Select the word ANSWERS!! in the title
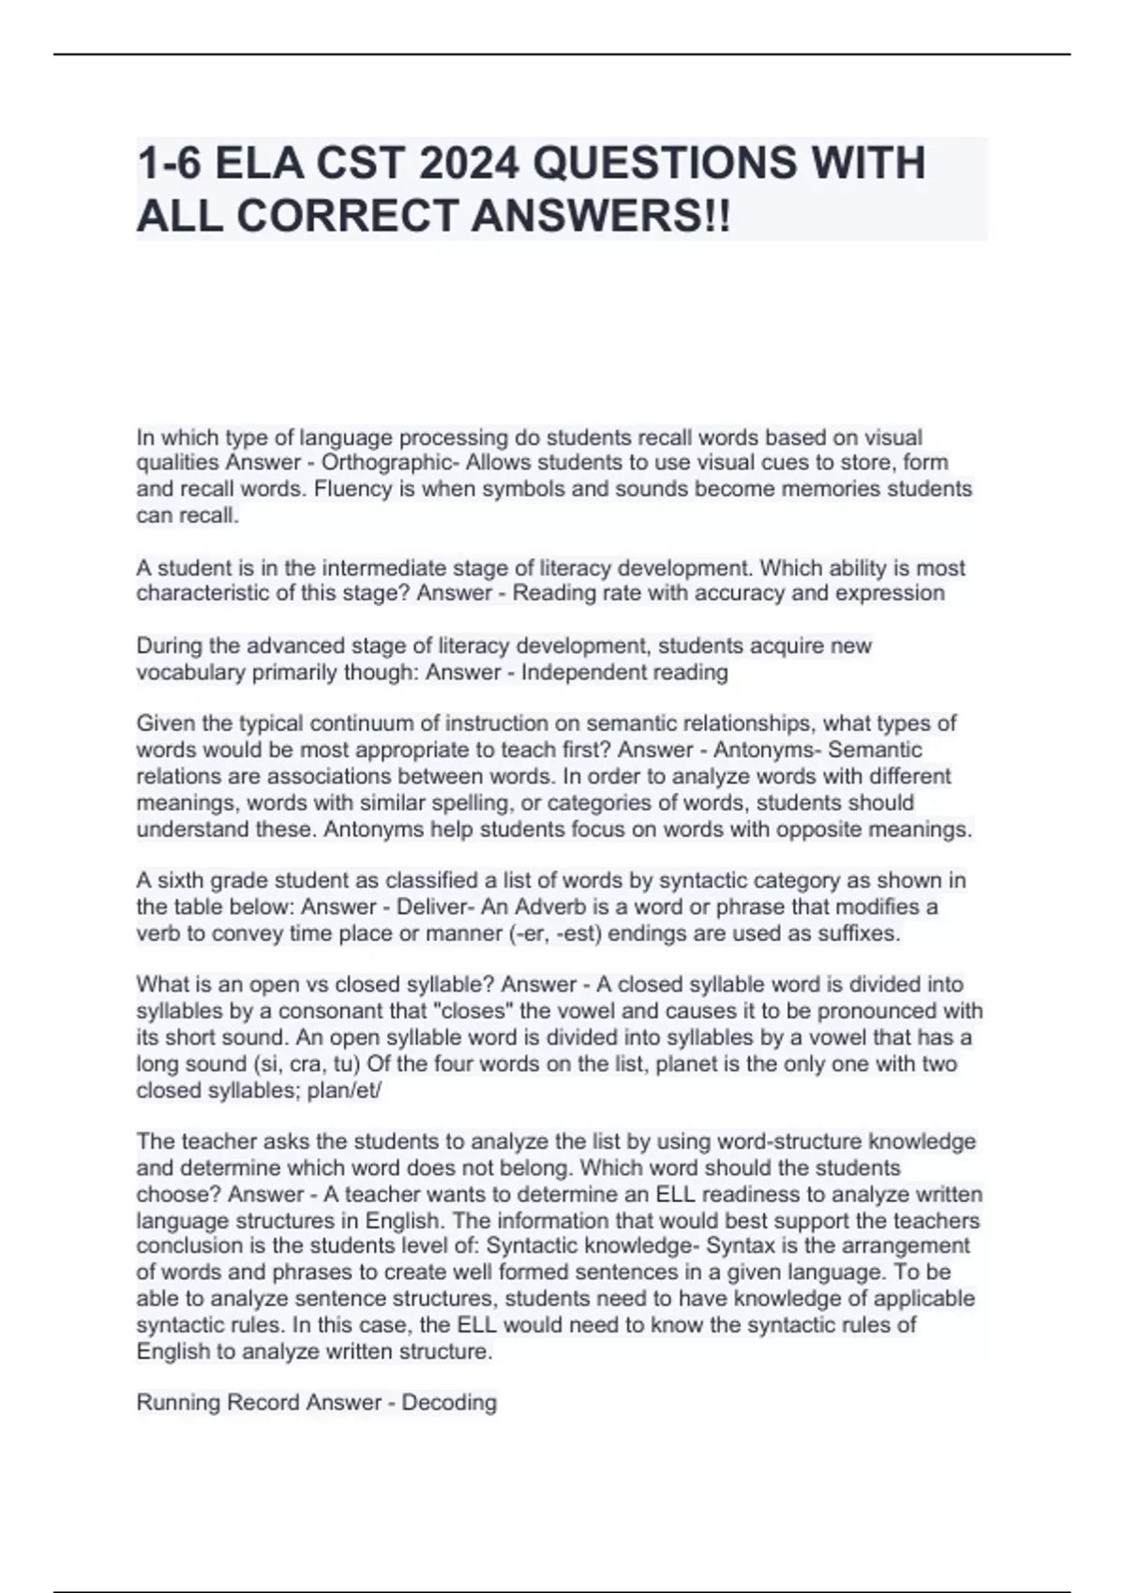(x=600, y=216)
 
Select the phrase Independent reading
(x=624, y=672)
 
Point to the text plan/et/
(x=345, y=1091)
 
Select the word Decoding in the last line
(x=449, y=1403)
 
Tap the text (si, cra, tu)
(x=307, y=1064)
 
